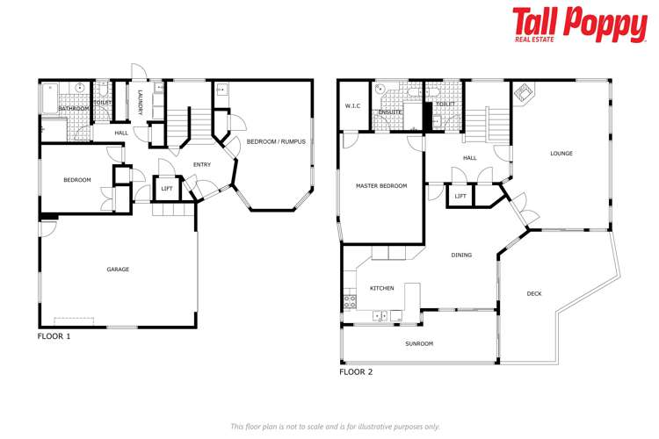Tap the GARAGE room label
[118, 270]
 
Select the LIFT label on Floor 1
[167, 188]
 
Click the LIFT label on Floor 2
[460, 196]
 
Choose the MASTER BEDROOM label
[380, 185]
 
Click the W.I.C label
[353, 106]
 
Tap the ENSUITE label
[390, 112]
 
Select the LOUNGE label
[561, 154]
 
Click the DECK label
[534, 293]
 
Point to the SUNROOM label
[419, 343]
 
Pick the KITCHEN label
[381, 288]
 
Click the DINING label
[461, 255]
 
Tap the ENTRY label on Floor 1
[202, 164]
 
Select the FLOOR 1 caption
[54, 336]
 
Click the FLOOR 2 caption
[356, 372]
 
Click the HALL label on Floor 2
[469, 158]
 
